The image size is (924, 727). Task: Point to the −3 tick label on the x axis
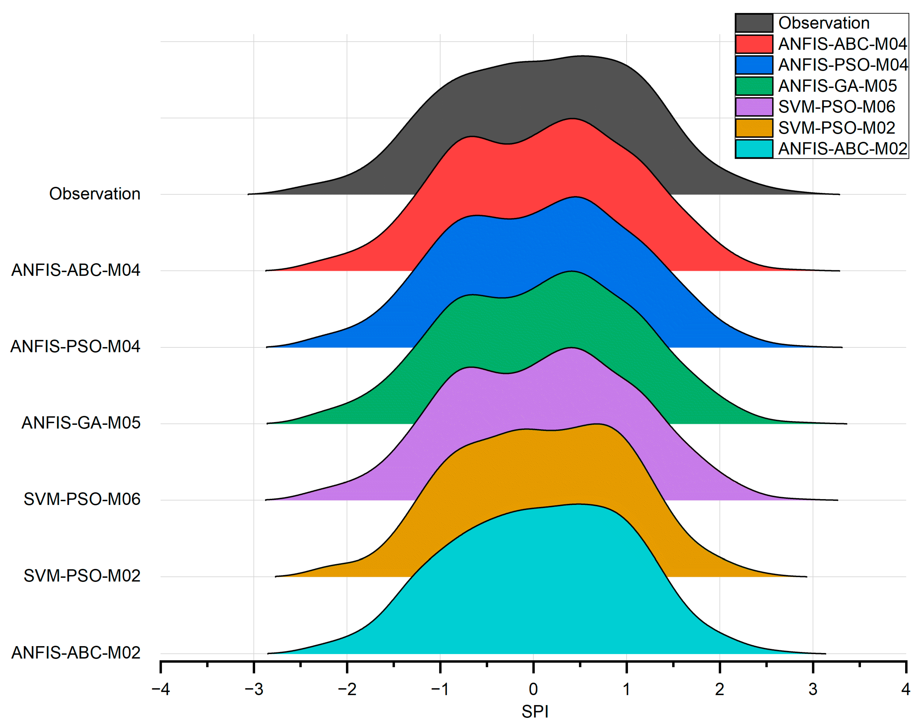pos(254,689)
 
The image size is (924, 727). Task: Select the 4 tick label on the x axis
pos(906,689)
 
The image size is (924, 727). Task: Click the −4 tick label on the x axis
pos(161,689)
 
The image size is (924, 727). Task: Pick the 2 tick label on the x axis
pos(719,689)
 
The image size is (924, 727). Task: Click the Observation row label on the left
pos(95,194)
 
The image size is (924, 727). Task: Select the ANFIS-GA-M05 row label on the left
pos(81,423)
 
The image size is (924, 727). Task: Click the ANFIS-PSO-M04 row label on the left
pos(75,346)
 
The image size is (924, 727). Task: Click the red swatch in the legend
pos(754,44)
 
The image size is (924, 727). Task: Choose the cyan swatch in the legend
pos(754,149)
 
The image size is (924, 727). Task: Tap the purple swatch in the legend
pos(754,107)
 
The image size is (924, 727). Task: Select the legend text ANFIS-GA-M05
pos(837,86)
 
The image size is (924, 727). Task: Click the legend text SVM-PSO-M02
pos(836,128)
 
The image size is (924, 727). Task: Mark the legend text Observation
pos(823,23)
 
